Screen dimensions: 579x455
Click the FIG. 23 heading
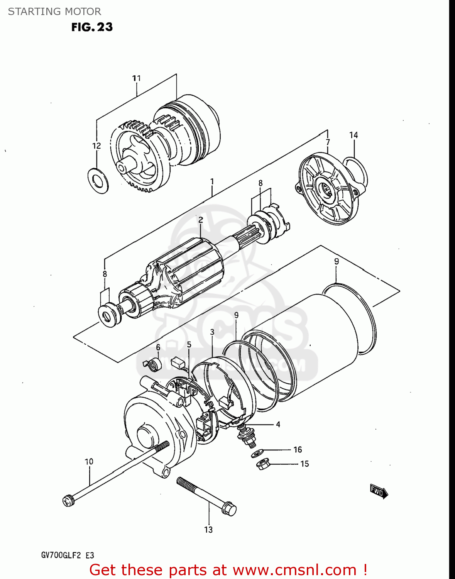pyautogui.click(x=92, y=27)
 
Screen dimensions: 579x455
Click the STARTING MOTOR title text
pyautogui.click(x=54, y=12)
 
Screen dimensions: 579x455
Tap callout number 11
pyautogui.click(x=136, y=78)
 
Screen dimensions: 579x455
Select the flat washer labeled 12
pyautogui.click(x=98, y=180)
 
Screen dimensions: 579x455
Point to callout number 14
pyautogui.click(x=354, y=135)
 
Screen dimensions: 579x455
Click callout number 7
pyautogui.click(x=328, y=142)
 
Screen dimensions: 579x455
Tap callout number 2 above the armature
pyautogui.click(x=201, y=220)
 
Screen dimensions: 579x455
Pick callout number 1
pyautogui.click(x=212, y=181)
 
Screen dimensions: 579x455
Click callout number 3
pyautogui.click(x=212, y=332)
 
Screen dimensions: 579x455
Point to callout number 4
pyautogui.click(x=278, y=425)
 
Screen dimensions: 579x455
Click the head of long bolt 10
pyautogui.click(x=68, y=501)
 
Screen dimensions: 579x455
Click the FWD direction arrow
pyautogui.click(x=379, y=491)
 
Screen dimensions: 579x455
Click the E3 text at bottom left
pyautogui.click(x=90, y=556)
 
